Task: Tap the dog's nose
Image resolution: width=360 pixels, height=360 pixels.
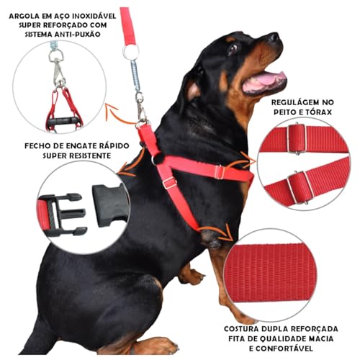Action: [274, 37]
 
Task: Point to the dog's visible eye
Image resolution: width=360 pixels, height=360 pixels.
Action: [233, 48]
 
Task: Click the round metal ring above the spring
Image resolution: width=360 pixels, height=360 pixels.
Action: [130, 52]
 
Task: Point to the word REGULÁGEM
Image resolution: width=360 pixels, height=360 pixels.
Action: [295, 102]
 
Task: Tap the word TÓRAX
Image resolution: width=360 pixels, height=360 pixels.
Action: [320, 114]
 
